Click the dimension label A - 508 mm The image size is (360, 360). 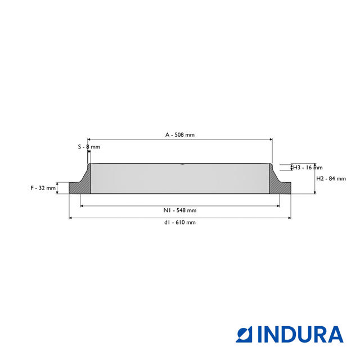click(180, 135)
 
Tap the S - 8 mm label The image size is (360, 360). click(89, 147)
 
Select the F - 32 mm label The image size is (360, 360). click(43, 188)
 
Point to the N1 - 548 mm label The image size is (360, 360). click(180, 210)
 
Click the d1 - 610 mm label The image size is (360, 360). click(180, 223)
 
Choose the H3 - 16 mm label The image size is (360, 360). click(308, 168)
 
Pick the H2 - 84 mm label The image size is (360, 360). click(331, 179)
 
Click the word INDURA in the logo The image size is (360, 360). click(300, 334)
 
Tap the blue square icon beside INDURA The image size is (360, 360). click(244, 334)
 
